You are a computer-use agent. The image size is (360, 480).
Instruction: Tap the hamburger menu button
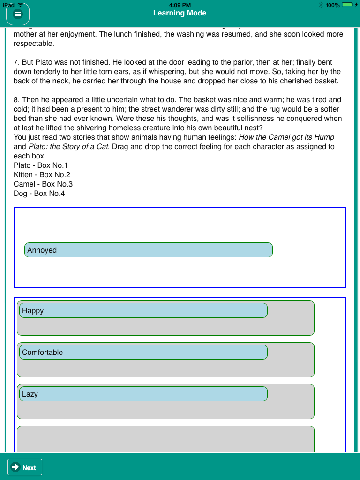point(18,14)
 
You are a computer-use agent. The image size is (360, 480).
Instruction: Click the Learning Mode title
point(180,13)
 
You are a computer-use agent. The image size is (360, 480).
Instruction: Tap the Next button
point(25,467)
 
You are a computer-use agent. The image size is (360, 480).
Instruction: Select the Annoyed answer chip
point(148,250)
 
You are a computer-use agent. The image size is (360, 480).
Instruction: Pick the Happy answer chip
point(143,310)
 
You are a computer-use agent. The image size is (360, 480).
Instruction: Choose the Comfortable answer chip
point(143,352)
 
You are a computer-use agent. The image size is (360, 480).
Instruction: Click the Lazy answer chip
point(143,394)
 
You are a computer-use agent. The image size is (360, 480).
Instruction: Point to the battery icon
point(348,5)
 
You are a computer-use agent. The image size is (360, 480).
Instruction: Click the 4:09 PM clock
point(180,5)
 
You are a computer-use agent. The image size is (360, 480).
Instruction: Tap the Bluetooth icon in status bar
point(321,5)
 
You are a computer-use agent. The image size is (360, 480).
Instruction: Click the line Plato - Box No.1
point(41,165)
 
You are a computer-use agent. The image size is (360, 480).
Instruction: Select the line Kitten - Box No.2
point(42,175)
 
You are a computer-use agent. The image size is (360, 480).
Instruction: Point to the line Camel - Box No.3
point(43,184)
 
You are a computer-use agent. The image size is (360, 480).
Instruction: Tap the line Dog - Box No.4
point(39,194)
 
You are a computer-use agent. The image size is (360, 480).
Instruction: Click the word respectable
point(34,44)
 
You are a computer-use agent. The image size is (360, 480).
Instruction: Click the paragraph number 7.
point(16,62)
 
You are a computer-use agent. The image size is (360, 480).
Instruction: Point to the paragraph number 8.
point(16,100)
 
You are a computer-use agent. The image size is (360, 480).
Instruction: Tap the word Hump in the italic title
point(325,137)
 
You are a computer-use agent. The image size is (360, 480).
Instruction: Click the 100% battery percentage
point(333,5)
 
